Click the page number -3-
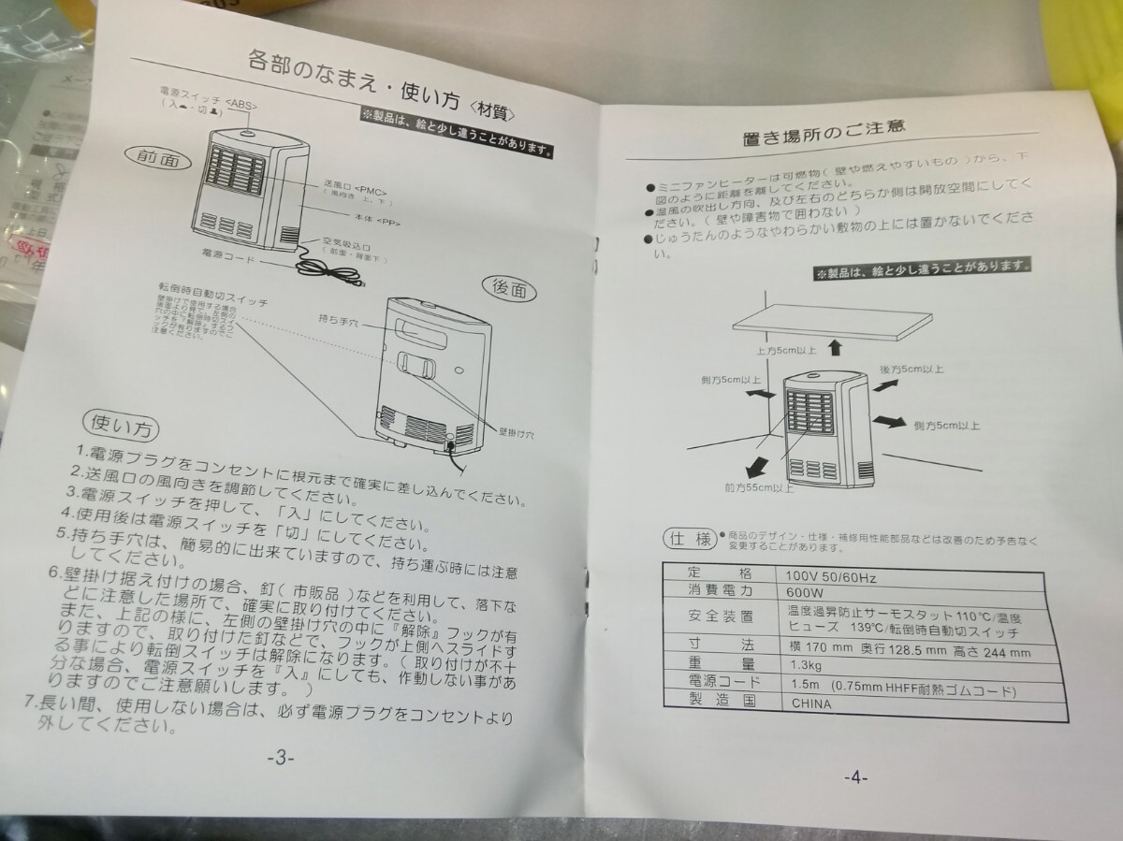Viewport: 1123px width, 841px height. (x=280, y=758)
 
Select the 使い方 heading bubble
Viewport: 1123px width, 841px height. (x=121, y=428)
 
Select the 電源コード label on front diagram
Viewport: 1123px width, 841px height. (x=225, y=254)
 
